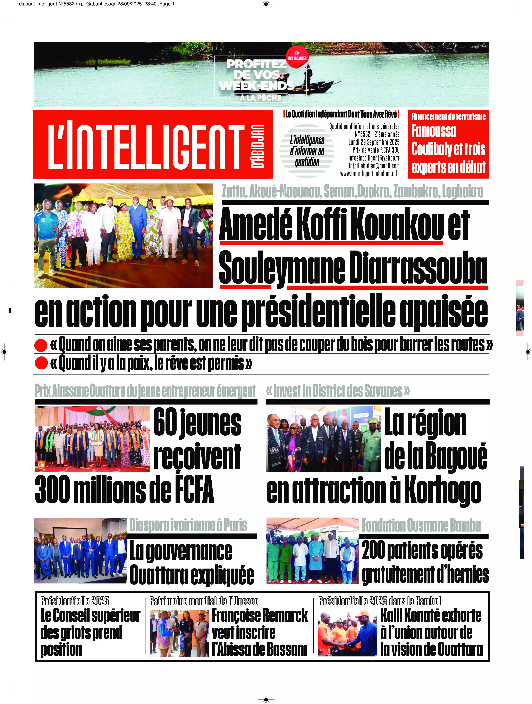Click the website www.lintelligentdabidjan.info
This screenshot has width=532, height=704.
[x=370, y=173]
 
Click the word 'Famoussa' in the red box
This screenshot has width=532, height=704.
[x=434, y=131]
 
